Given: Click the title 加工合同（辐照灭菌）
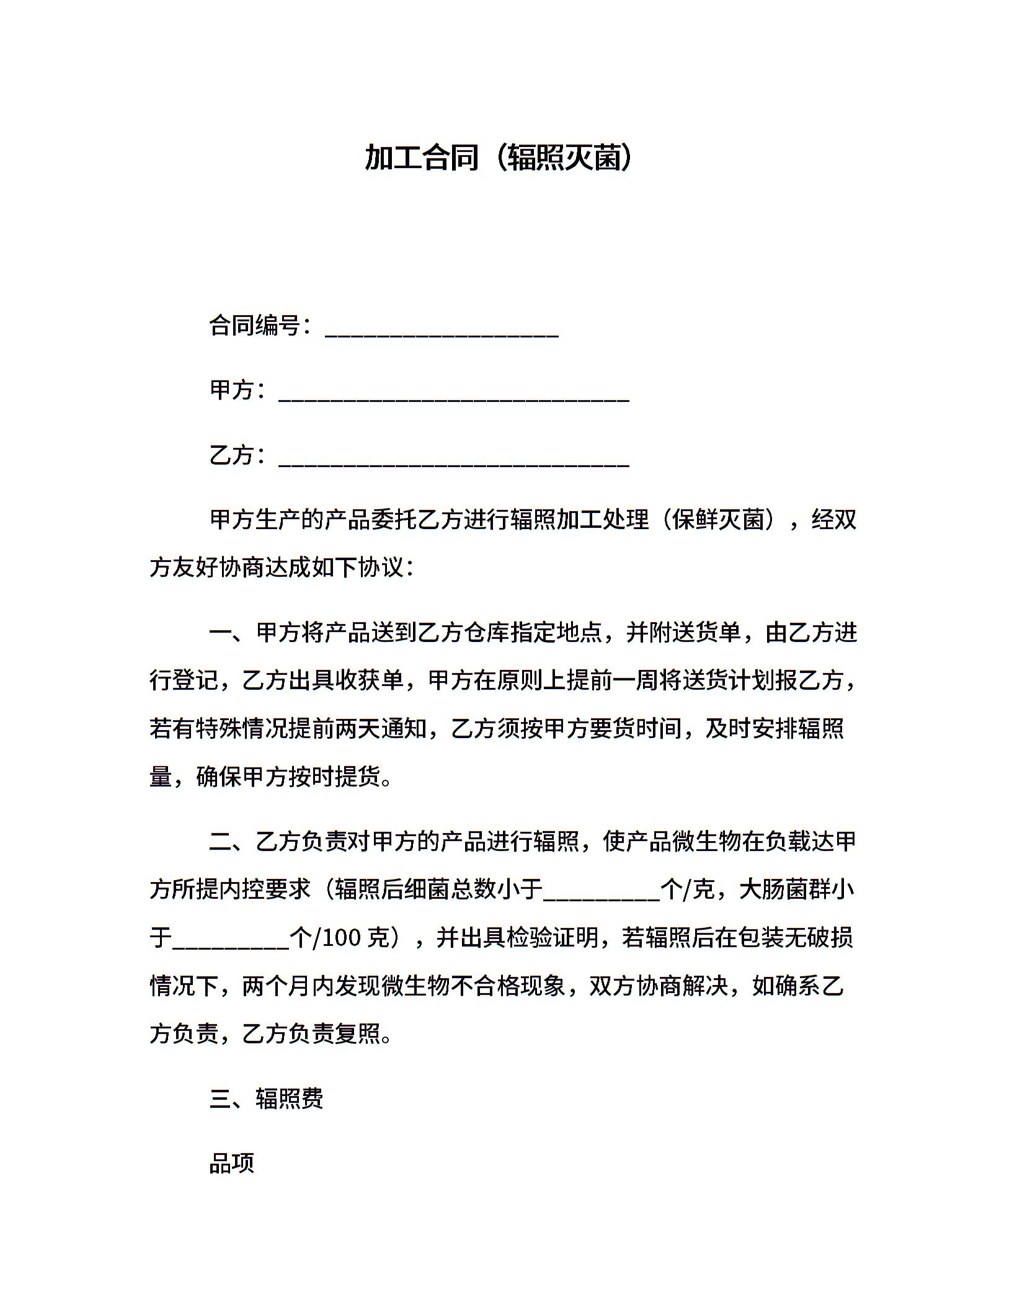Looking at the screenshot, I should click(x=500, y=158).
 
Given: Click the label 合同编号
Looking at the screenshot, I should click(x=255, y=325).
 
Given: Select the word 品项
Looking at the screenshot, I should click(x=232, y=1164).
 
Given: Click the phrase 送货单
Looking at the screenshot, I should click(x=707, y=633).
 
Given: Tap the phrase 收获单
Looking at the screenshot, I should click(x=370, y=681).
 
